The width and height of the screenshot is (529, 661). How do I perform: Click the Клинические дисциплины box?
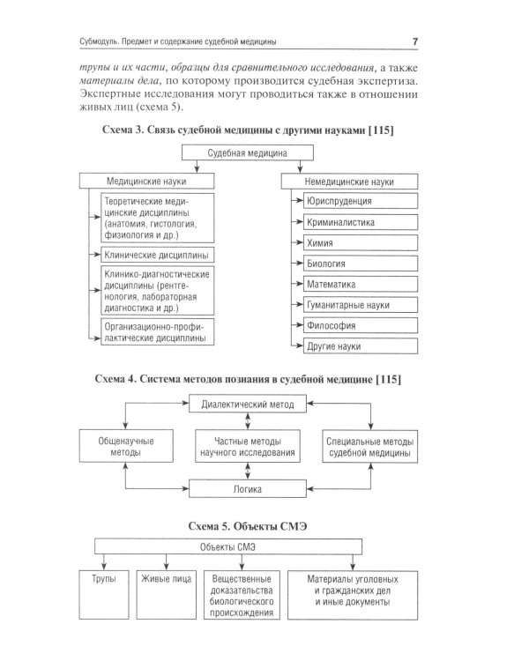156,256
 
